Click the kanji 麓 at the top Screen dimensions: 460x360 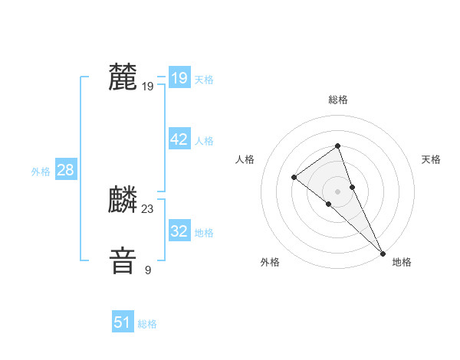pos(123,77)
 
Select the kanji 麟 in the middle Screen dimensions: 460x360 pos(123,201)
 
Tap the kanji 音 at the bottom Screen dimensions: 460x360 pos(123,260)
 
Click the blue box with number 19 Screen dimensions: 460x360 pos(179,78)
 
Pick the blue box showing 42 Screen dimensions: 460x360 pos(179,139)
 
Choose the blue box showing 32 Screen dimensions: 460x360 pos(179,231)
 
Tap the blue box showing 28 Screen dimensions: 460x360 pos(65,170)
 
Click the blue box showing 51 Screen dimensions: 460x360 pos(123,322)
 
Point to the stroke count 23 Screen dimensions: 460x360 pos(148,209)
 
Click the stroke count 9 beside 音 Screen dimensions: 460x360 pos(148,270)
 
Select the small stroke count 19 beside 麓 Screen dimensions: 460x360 pos(148,87)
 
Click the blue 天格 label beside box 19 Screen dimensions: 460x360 pos(204,80)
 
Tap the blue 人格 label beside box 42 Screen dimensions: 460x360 pos(204,141)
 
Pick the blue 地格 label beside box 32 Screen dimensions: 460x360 pos(204,233)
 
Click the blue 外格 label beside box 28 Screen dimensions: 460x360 pos(41,172)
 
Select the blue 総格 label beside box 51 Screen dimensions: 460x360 pos(147,324)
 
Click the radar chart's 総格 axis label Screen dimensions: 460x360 pos(337,100)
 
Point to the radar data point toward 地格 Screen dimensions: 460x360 pos(383,254)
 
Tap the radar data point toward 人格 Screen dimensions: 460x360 pos(294,178)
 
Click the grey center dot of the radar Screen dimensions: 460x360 pos(337,191)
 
